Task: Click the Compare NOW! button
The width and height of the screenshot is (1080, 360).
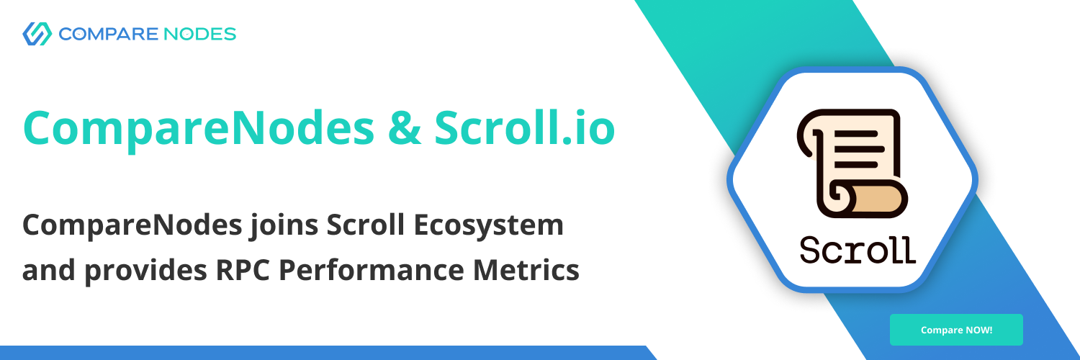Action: tap(956, 330)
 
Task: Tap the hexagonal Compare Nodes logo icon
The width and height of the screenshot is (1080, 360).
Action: tap(37, 34)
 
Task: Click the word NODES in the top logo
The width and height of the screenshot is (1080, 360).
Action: tap(199, 35)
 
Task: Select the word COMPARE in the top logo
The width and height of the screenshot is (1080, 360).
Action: tap(108, 35)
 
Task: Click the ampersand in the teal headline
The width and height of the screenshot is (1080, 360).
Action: tap(404, 127)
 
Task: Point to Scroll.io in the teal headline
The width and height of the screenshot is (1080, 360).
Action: tap(525, 127)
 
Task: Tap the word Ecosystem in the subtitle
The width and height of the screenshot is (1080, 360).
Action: tap(488, 225)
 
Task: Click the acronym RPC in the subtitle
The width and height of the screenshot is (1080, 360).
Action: tap(243, 270)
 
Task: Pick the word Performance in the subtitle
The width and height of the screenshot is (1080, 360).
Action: tap(372, 270)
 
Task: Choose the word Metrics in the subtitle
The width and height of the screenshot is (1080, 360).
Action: tap(526, 270)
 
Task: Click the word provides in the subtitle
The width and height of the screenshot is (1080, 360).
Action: tap(145, 271)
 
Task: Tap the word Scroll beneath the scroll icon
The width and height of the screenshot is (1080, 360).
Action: tap(858, 250)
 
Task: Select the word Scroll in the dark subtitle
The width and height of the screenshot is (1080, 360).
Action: tap(365, 225)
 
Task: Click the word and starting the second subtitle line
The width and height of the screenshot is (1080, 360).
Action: tap(49, 270)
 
